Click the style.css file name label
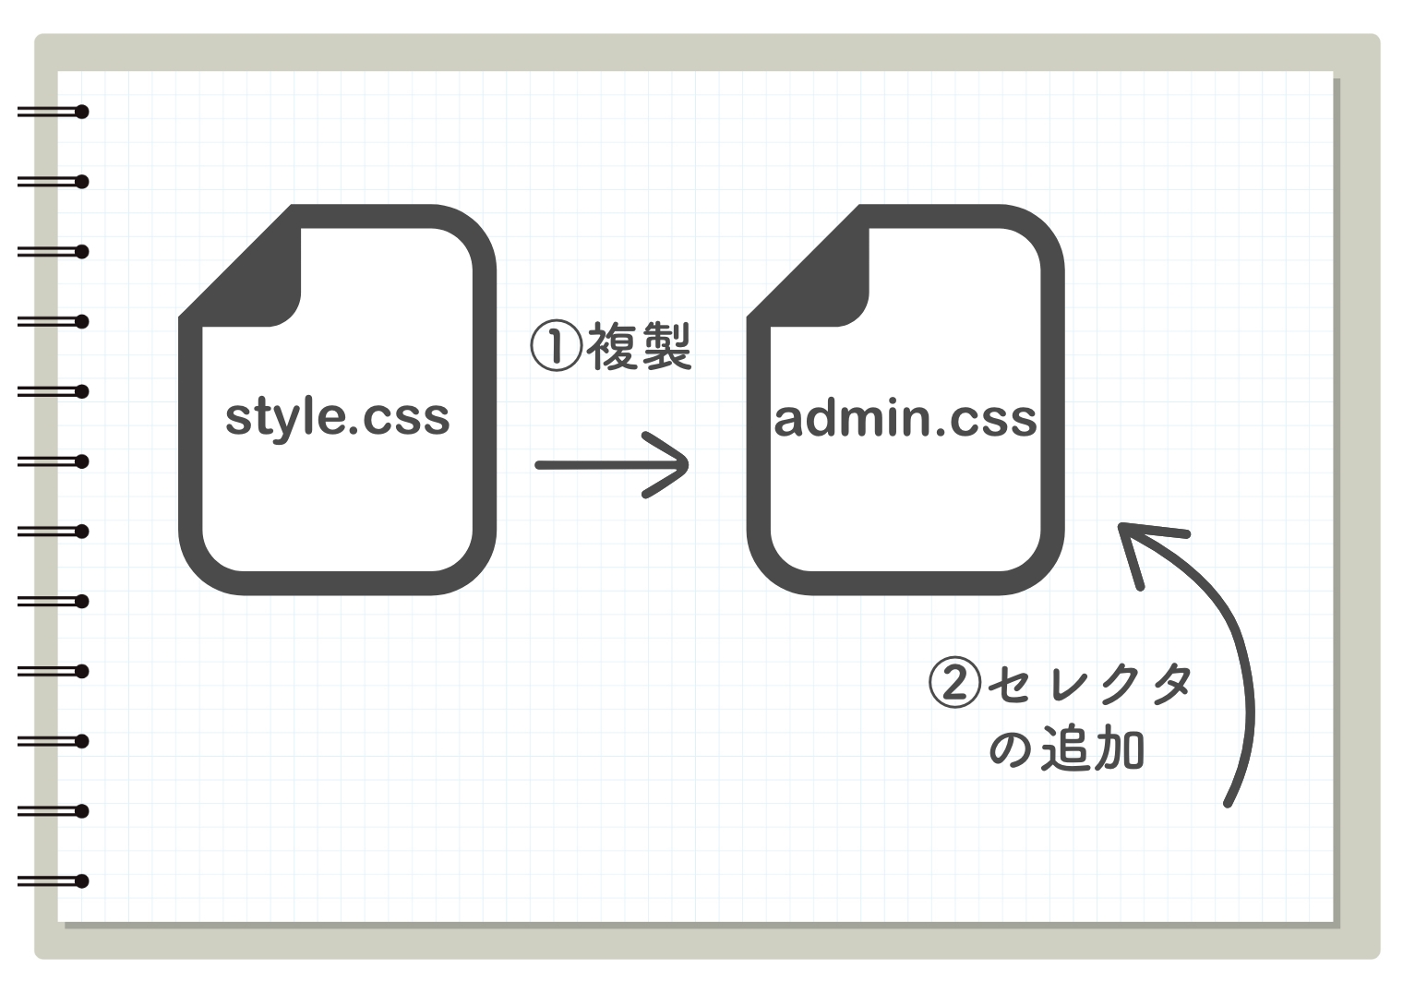coord(337,417)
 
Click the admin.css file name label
coord(905,419)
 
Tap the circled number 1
coord(556,346)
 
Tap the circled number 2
coord(953,683)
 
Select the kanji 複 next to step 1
coord(612,346)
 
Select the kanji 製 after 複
coord(666,346)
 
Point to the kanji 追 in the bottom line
coord(1066,748)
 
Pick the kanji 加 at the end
coord(1119,748)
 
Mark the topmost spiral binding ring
coord(80,113)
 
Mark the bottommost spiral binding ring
coord(80,881)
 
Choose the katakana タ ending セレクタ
coord(1171,684)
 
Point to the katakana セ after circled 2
coord(1009,684)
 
